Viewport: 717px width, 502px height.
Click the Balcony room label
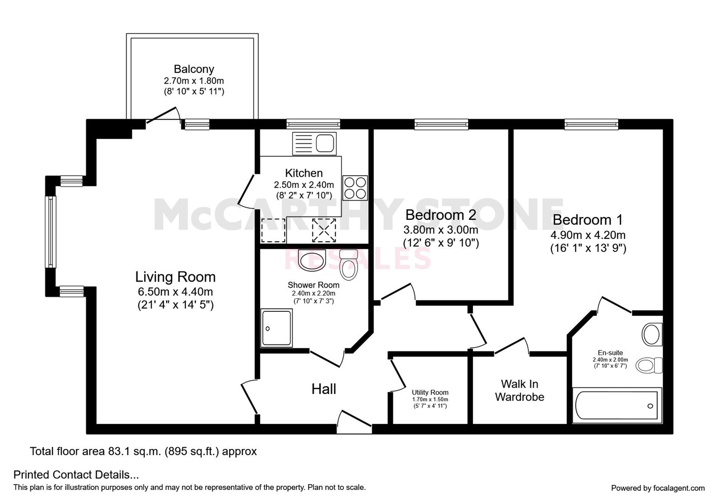pos(194,69)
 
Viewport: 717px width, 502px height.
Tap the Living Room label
pos(175,277)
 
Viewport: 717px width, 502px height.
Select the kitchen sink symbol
pos(314,143)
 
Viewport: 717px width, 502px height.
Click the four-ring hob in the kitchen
pos(355,188)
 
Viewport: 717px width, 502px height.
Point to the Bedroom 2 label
pos(440,215)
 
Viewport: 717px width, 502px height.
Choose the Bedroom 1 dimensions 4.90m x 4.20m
pos(588,235)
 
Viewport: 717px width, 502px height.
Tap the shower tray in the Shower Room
pos(277,328)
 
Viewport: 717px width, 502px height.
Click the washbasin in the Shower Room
pos(312,260)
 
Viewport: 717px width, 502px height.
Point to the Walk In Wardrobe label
pos(519,390)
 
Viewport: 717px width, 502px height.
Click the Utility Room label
pos(430,392)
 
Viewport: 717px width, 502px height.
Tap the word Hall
pos(324,389)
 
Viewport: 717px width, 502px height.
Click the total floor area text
pos(143,451)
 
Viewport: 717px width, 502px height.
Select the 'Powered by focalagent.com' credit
pos(657,488)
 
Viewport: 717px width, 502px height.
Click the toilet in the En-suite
pos(649,365)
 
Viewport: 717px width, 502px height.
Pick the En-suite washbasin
pos(651,334)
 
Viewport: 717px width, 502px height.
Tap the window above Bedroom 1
pos(591,124)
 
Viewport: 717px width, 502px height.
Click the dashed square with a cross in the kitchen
pos(324,230)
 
